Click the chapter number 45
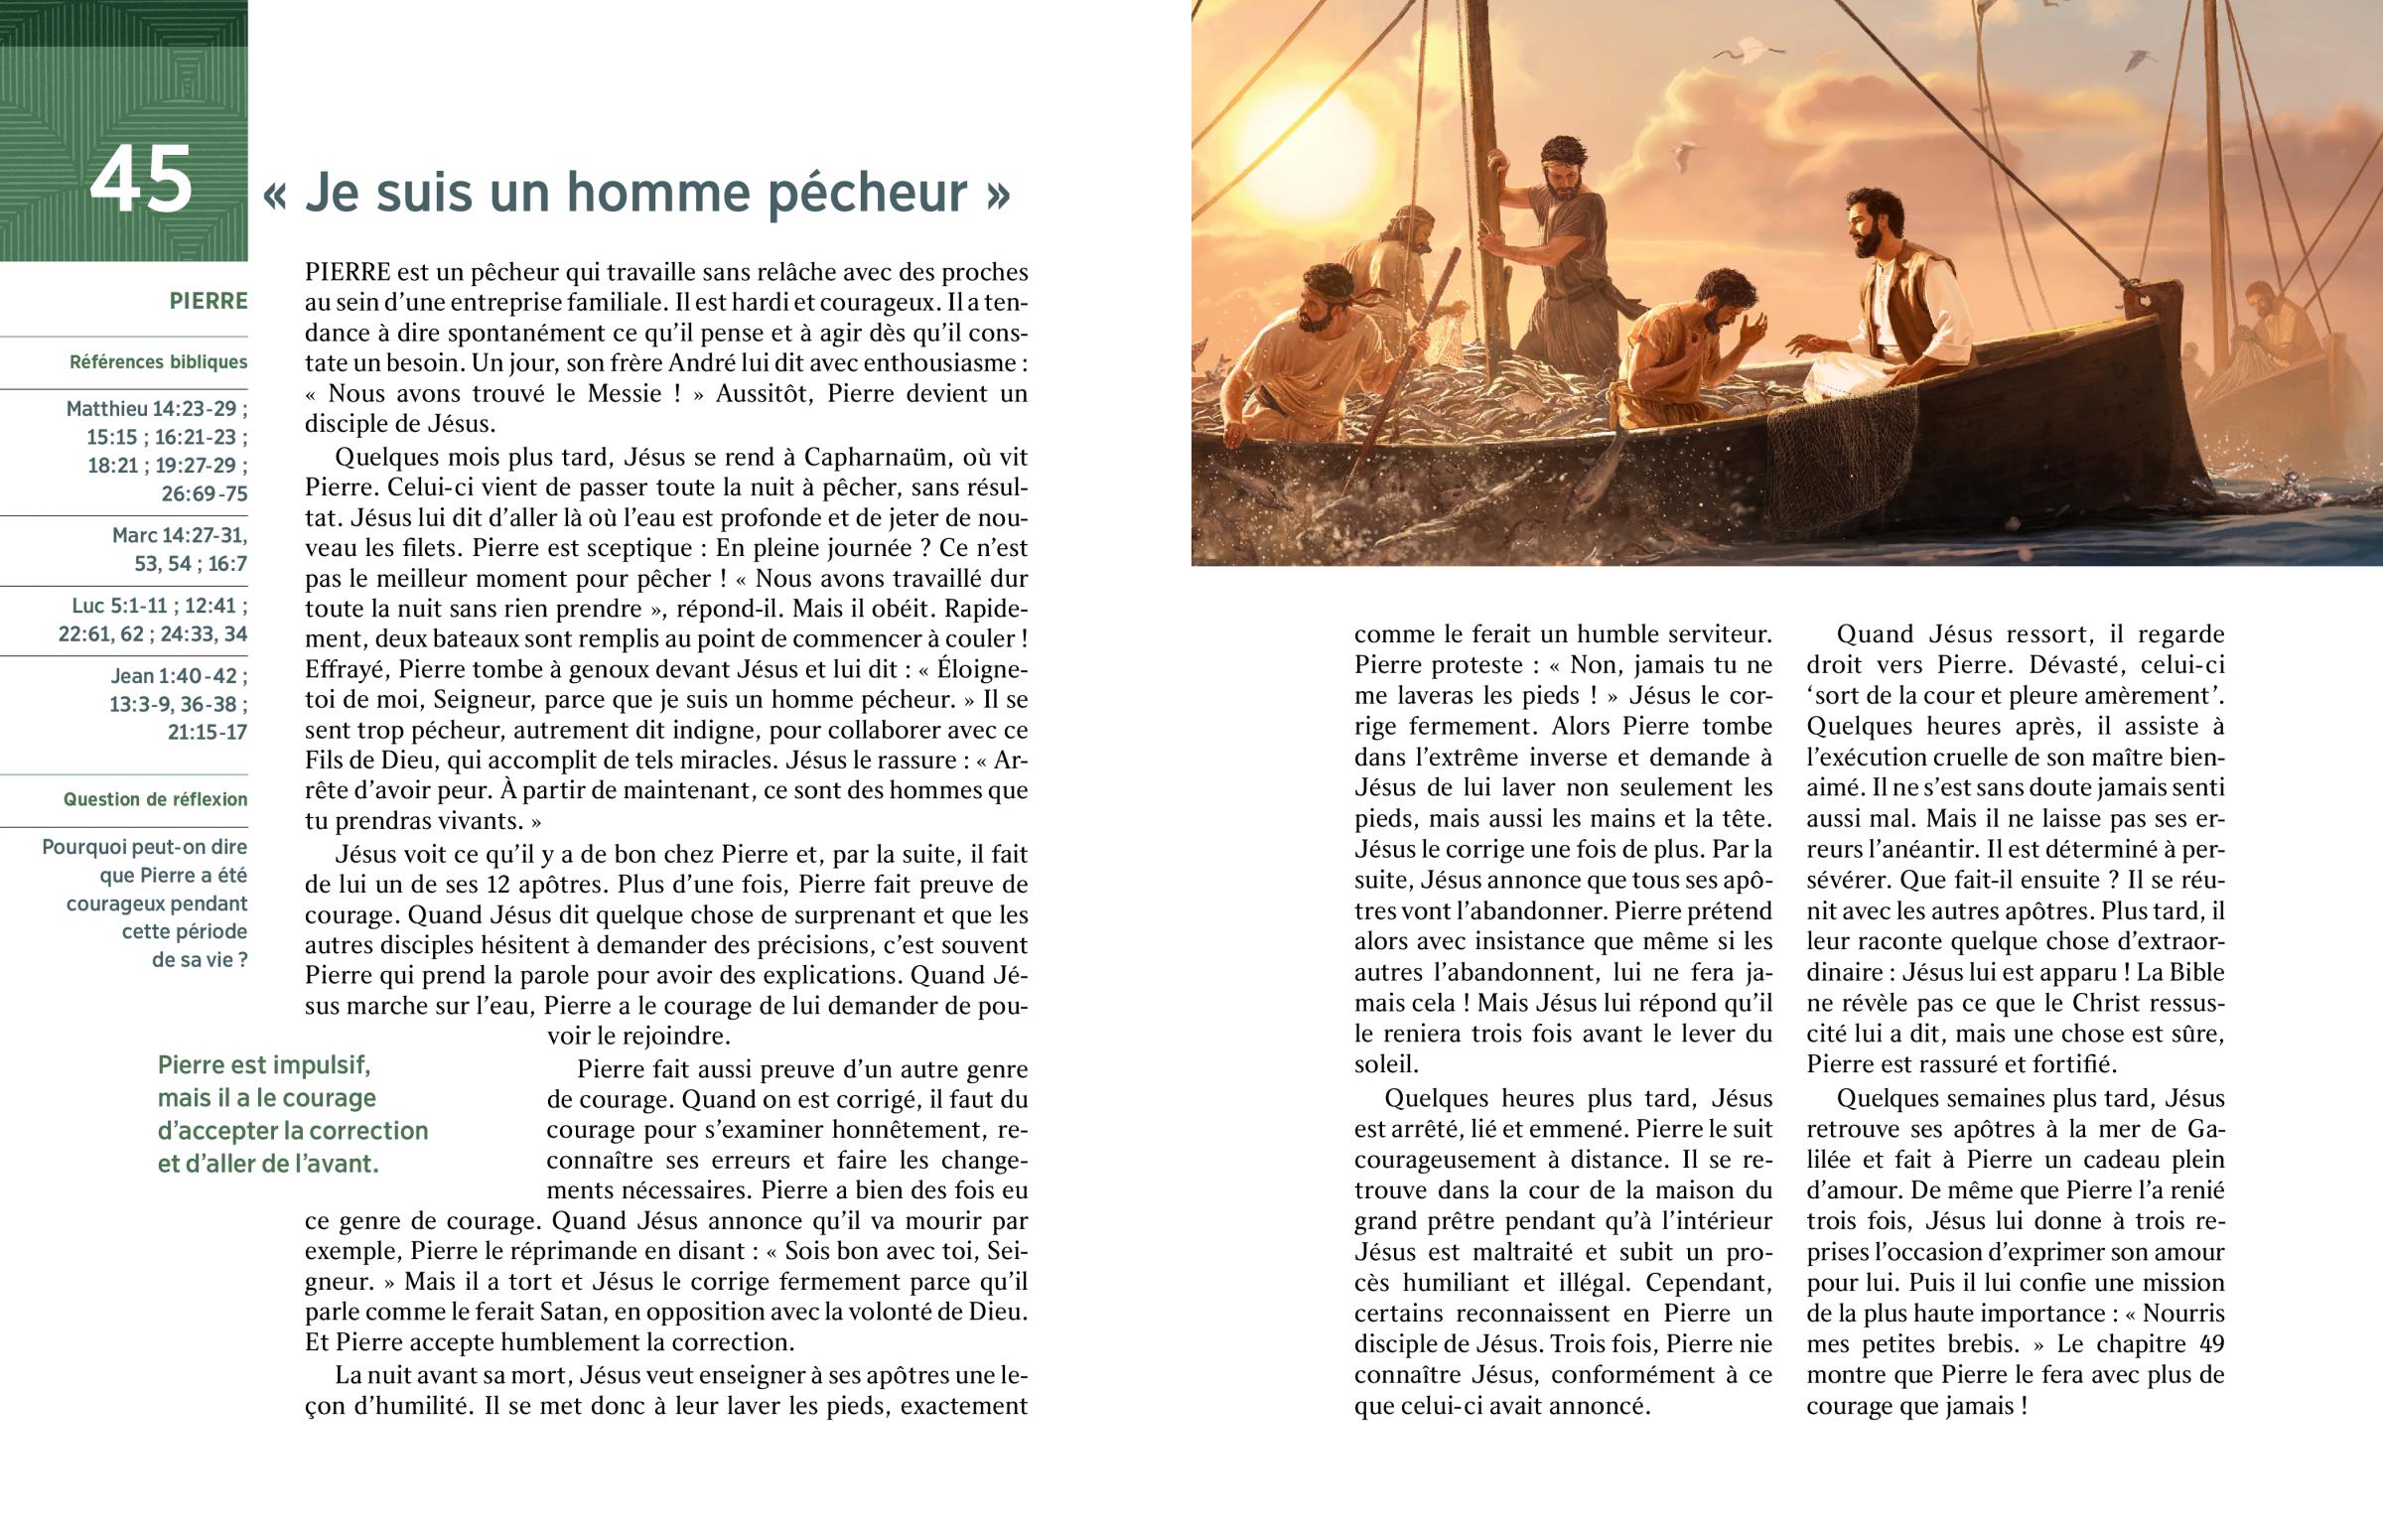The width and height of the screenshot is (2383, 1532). pos(141,181)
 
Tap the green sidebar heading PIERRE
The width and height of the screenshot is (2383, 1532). pos(208,302)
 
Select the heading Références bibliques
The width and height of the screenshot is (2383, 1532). pos(158,362)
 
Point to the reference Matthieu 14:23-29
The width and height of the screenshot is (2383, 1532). pos(156,409)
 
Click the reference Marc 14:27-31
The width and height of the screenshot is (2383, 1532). pos(179,535)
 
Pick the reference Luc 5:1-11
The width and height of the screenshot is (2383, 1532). pos(159,606)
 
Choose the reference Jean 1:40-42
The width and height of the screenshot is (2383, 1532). pos(179,676)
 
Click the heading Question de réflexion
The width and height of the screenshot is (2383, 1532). pos(155,800)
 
